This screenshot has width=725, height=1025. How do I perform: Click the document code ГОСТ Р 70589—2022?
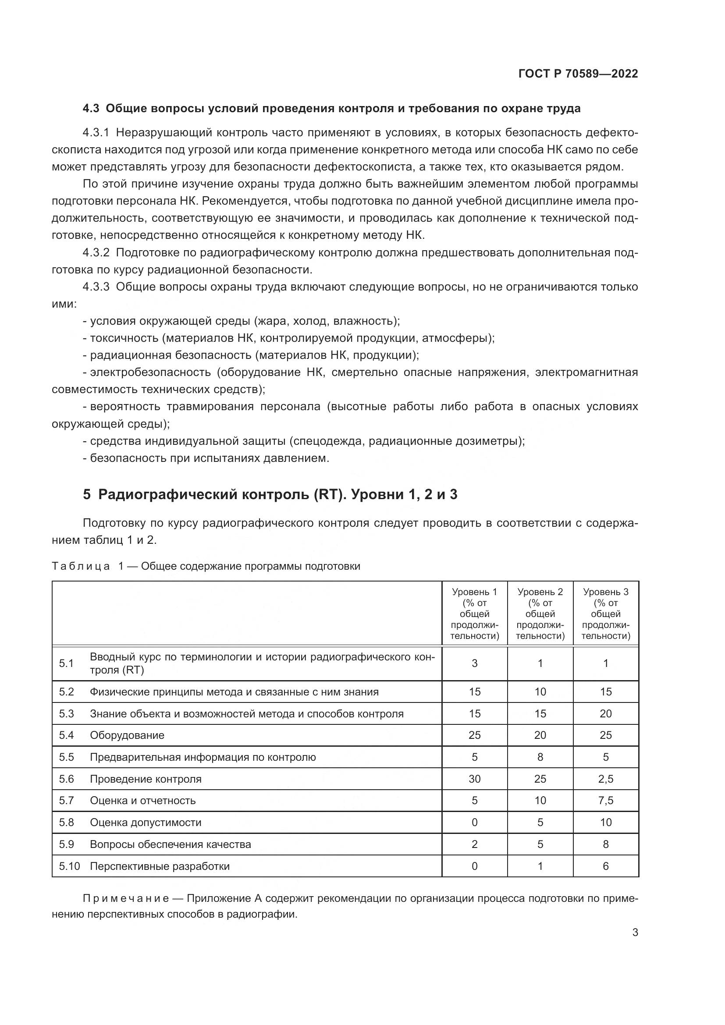tap(578, 74)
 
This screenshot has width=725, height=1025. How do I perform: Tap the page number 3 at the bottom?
tap(635, 932)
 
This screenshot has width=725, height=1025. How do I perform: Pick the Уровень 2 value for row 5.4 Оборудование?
tap(540, 735)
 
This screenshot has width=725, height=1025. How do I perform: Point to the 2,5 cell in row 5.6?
tap(605, 779)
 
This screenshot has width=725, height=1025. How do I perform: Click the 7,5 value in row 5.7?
tap(605, 801)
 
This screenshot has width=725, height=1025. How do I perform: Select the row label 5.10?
tap(69, 866)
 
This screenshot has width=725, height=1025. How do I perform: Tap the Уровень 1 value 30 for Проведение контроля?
tap(474, 779)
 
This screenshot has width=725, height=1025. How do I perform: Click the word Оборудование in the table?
tap(127, 735)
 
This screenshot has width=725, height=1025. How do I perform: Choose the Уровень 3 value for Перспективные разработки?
tap(605, 866)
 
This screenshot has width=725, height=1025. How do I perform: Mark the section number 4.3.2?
tap(96, 253)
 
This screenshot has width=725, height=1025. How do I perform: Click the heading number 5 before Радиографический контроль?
tap(87, 495)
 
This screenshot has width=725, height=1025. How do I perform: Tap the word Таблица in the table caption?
tap(81, 567)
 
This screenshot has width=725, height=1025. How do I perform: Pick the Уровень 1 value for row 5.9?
tap(474, 844)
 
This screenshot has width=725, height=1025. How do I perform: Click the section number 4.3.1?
tap(96, 133)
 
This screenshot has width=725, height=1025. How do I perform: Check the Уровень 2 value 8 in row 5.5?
tap(540, 757)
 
